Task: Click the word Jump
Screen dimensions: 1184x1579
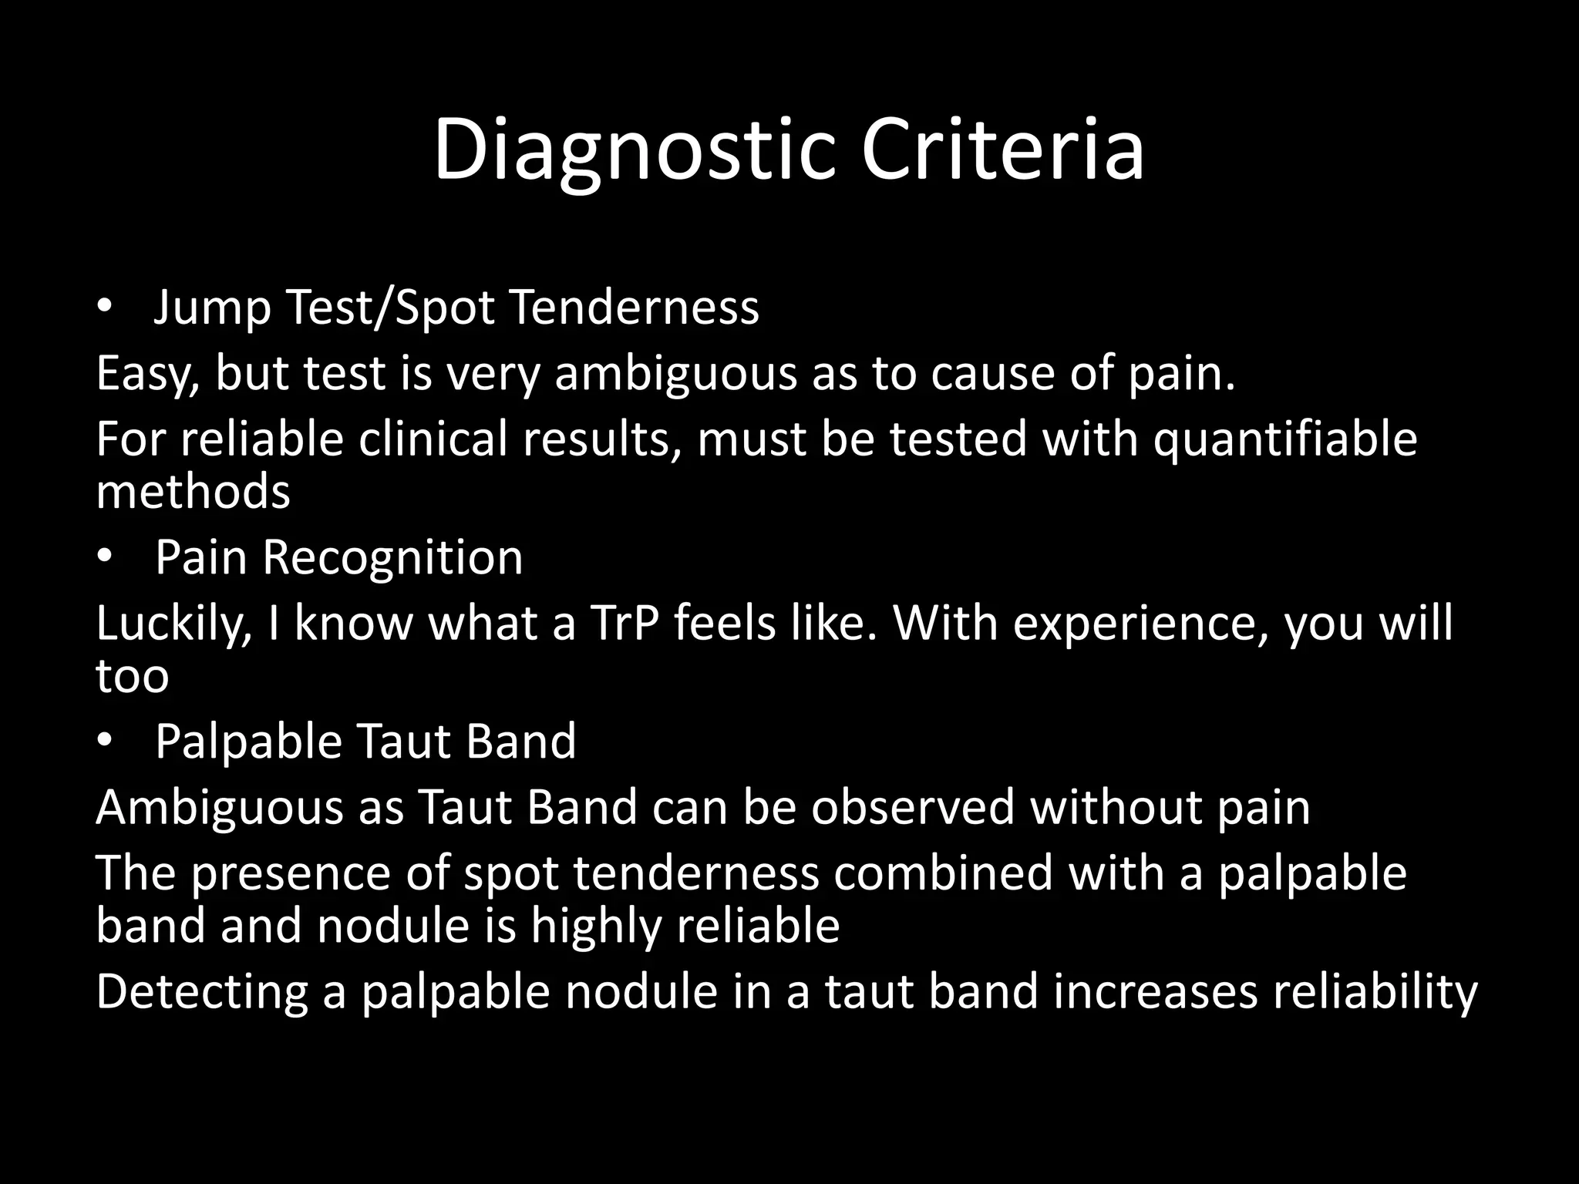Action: click(x=212, y=308)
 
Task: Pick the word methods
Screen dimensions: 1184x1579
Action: click(x=193, y=492)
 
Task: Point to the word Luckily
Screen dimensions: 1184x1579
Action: click(x=170, y=624)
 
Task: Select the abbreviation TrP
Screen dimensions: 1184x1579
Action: click(x=624, y=623)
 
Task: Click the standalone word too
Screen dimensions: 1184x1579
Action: click(x=132, y=676)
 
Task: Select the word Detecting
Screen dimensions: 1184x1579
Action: click(x=201, y=992)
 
